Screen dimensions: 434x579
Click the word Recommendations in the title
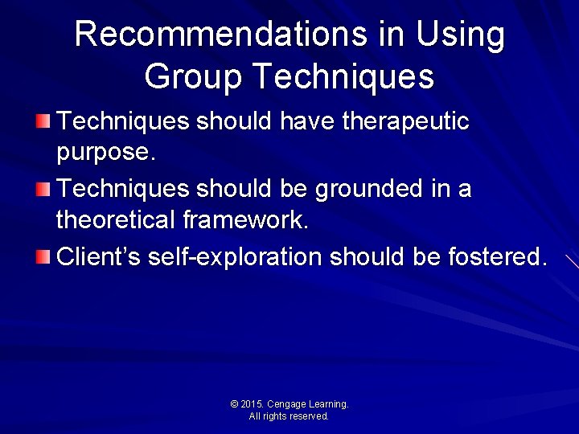click(x=218, y=35)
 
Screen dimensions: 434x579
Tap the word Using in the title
click(x=461, y=35)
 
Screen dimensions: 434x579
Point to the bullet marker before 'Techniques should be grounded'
click(x=43, y=190)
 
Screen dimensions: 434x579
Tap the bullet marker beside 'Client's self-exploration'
click(x=43, y=258)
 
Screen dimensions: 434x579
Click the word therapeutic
click(x=405, y=121)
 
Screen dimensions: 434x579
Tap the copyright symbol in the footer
click(x=234, y=404)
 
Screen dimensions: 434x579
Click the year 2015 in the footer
click(x=252, y=404)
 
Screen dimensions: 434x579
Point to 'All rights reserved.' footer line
click(x=289, y=416)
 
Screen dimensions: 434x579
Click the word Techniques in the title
click(x=342, y=76)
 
